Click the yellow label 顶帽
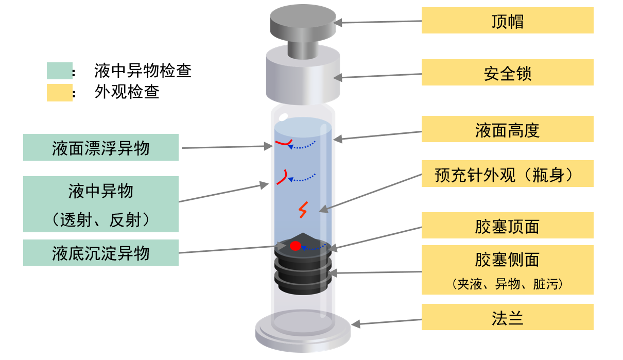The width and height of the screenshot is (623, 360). (x=507, y=21)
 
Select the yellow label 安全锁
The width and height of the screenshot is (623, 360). (x=507, y=73)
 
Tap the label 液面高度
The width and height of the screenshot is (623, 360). (x=507, y=129)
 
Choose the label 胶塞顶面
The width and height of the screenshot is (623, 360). (x=507, y=226)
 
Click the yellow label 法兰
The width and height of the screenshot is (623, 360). (x=507, y=317)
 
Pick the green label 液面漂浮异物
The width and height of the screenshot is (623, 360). (x=101, y=148)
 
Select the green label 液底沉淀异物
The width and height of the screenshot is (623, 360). (x=101, y=253)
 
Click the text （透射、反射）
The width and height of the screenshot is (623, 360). (x=101, y=220)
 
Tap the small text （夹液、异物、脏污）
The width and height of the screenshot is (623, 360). (x=507, y=284)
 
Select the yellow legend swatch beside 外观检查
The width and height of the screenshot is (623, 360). (x=59, y=93)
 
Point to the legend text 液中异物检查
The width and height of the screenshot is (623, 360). (x=143, y=71)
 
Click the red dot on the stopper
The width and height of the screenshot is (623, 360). (x=295, y=246)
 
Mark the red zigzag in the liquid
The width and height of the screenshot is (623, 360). (x=304, y=210)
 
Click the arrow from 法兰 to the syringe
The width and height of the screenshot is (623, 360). (x=386, y=322)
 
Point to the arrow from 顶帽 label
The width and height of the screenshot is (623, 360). (x=378, y=22)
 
